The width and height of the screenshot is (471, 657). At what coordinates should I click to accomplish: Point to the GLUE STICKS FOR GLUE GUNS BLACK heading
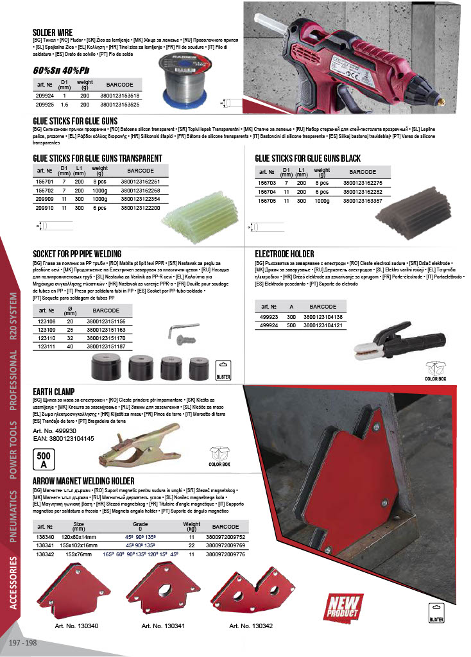[x=307, y=158]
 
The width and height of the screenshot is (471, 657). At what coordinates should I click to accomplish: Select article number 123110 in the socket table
[x=47, y=338]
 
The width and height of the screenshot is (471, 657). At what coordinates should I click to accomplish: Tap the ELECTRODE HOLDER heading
[x=284, y=253]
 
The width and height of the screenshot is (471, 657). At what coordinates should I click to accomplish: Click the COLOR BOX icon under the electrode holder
[x=435, y=371]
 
